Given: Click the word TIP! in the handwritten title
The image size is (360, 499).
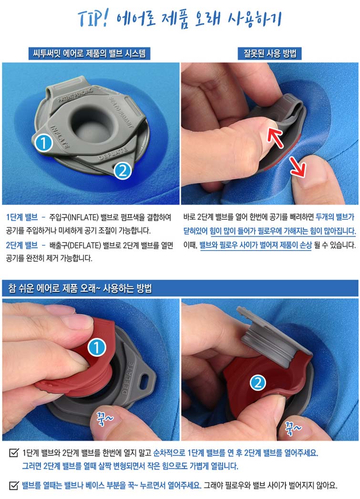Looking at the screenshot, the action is click(x=93, y=19).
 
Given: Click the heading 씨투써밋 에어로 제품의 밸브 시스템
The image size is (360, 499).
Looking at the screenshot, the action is click(x=90, y=53).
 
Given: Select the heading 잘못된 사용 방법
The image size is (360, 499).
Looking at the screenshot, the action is click(x=270, y=53).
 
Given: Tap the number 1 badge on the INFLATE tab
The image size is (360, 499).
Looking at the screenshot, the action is click(x=43, y=143).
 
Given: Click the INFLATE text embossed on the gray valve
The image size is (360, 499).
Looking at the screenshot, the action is click(x=60, y=137).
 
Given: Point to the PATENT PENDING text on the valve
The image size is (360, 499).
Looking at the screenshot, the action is click(x=75, y=95).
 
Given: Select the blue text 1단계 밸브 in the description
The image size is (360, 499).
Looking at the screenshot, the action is click(x=21, y=217).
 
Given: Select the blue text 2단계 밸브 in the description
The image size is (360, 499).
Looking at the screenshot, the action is click(x=21, y=245).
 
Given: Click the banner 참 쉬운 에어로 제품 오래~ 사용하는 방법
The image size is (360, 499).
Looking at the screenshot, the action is click(x=80, y=288).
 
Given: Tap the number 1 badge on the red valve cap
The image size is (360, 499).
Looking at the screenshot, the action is click(x=96, y=347).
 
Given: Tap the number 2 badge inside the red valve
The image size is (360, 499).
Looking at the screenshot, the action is click(x=258, y=382).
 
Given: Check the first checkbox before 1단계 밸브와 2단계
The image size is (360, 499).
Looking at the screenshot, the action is click(x=13, y=453).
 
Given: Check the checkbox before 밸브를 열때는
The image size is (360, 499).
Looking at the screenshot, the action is click(x=13, y=485).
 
